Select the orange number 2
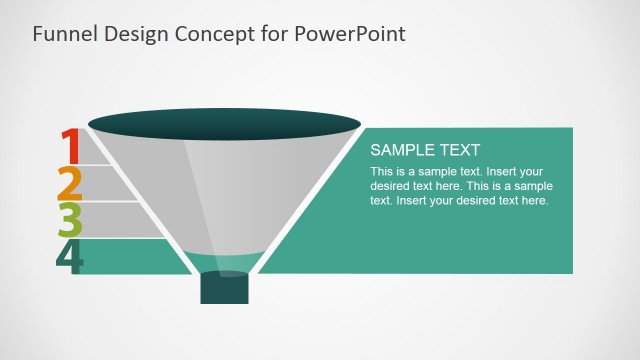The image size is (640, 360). pos(69,184)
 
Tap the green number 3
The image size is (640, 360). pos(69,220)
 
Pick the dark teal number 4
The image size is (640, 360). pos(70,257)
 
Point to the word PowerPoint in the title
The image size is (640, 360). pos(350,33)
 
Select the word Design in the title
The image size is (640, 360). pos(132,33)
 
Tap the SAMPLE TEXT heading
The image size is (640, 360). pos(425,150)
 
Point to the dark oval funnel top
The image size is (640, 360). pos(224,124)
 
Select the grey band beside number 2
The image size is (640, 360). pos(110,184)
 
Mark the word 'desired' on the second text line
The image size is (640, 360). pos(390,186)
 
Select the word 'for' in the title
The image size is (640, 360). pos(276,33)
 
